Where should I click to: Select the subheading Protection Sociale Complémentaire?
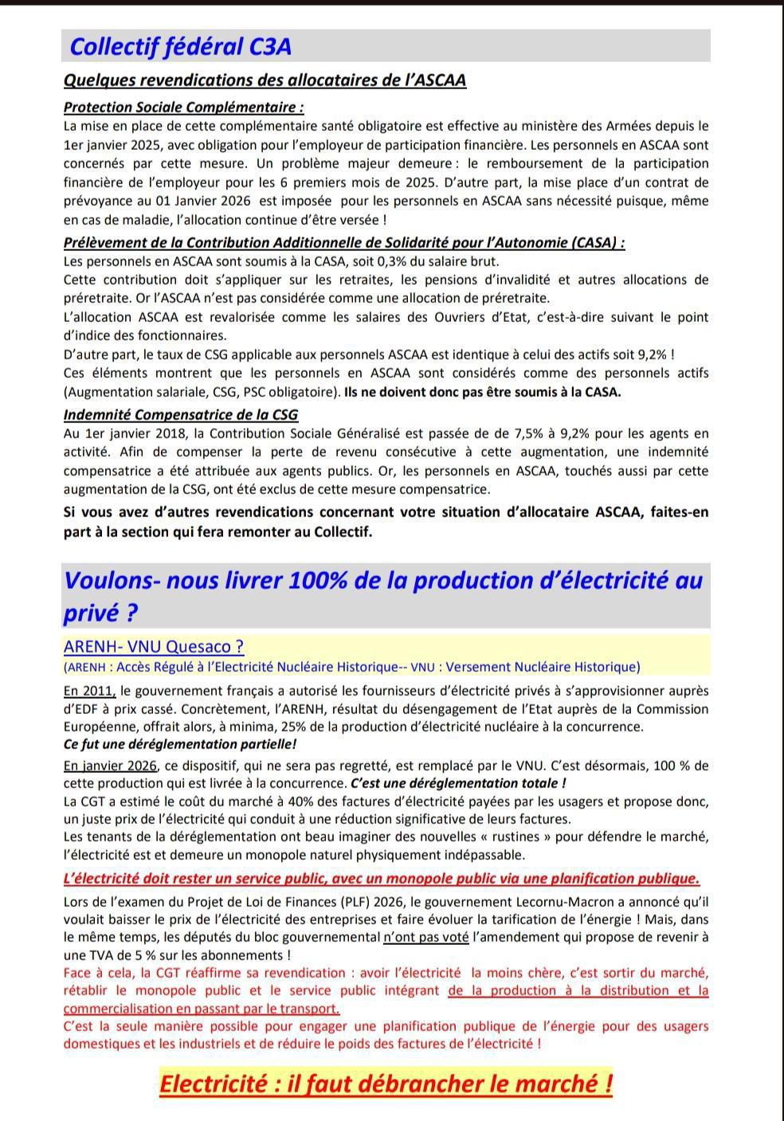pyautogui.click(x=183, y=107)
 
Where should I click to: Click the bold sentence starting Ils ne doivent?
pyautogui.click(x=482, y=391)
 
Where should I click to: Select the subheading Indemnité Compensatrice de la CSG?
pyautogui.click(x=181, y=414)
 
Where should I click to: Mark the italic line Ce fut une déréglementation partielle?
pyautogui.click(x=180, y=744)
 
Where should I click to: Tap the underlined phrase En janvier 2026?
pyautogui.click(x=110, y=766)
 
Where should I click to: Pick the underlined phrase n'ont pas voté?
pyautogui.click(x=425, y=937)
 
